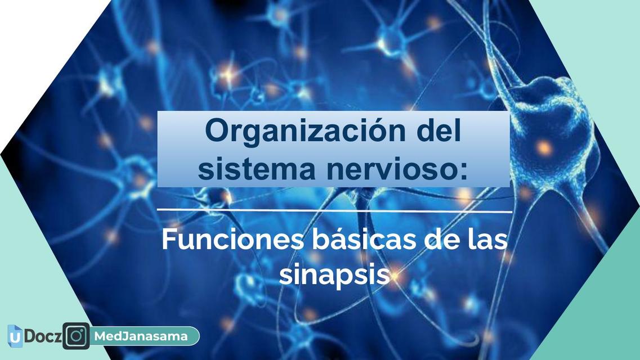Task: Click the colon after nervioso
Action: (x=463, y=170)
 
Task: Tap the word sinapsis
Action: (x=334, y=276)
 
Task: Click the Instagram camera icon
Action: (x=76, y=336)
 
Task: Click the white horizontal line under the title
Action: (x=334, y=211)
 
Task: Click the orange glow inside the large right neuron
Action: (x=544, y=148)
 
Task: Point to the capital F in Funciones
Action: (x=168, y=240)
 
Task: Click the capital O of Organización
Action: (x=217, y=132)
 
